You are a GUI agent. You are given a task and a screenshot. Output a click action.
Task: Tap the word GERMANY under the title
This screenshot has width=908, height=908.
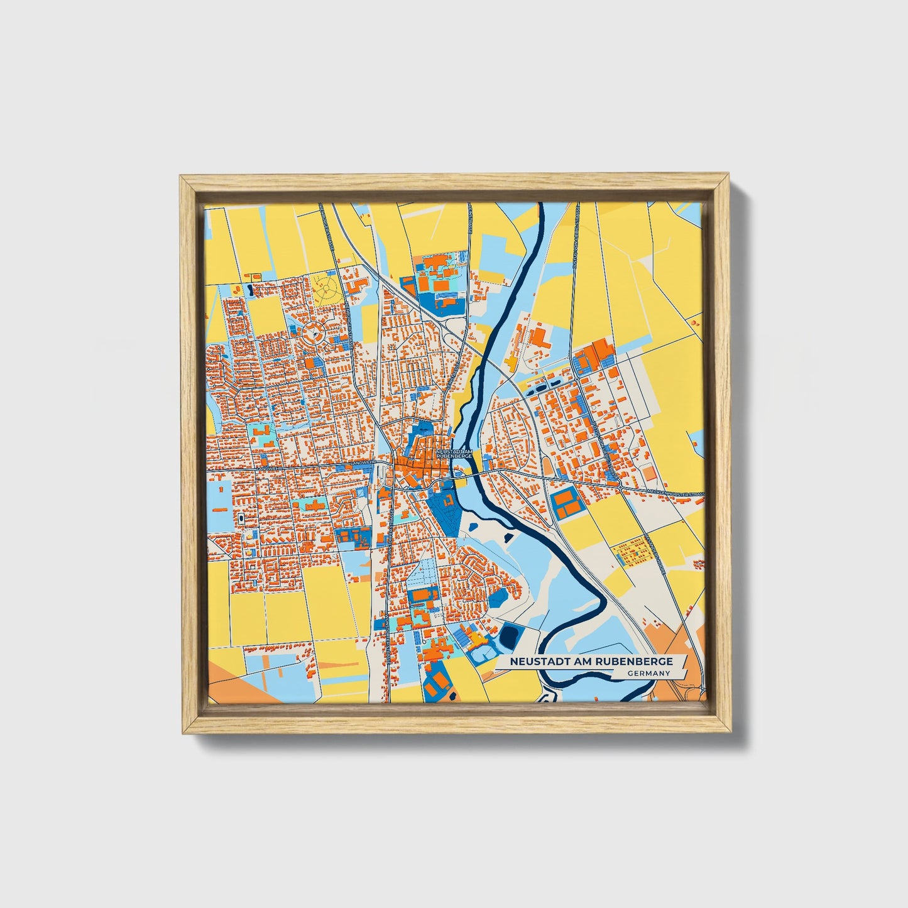[x=648, y=674]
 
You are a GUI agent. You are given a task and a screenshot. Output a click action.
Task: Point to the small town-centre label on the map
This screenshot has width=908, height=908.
[x=453, y=454]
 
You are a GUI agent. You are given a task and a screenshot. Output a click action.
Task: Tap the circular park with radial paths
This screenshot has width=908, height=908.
[x=327, y=289]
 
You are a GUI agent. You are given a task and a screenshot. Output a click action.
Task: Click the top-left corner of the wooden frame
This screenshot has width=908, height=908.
[x=182, y=178]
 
